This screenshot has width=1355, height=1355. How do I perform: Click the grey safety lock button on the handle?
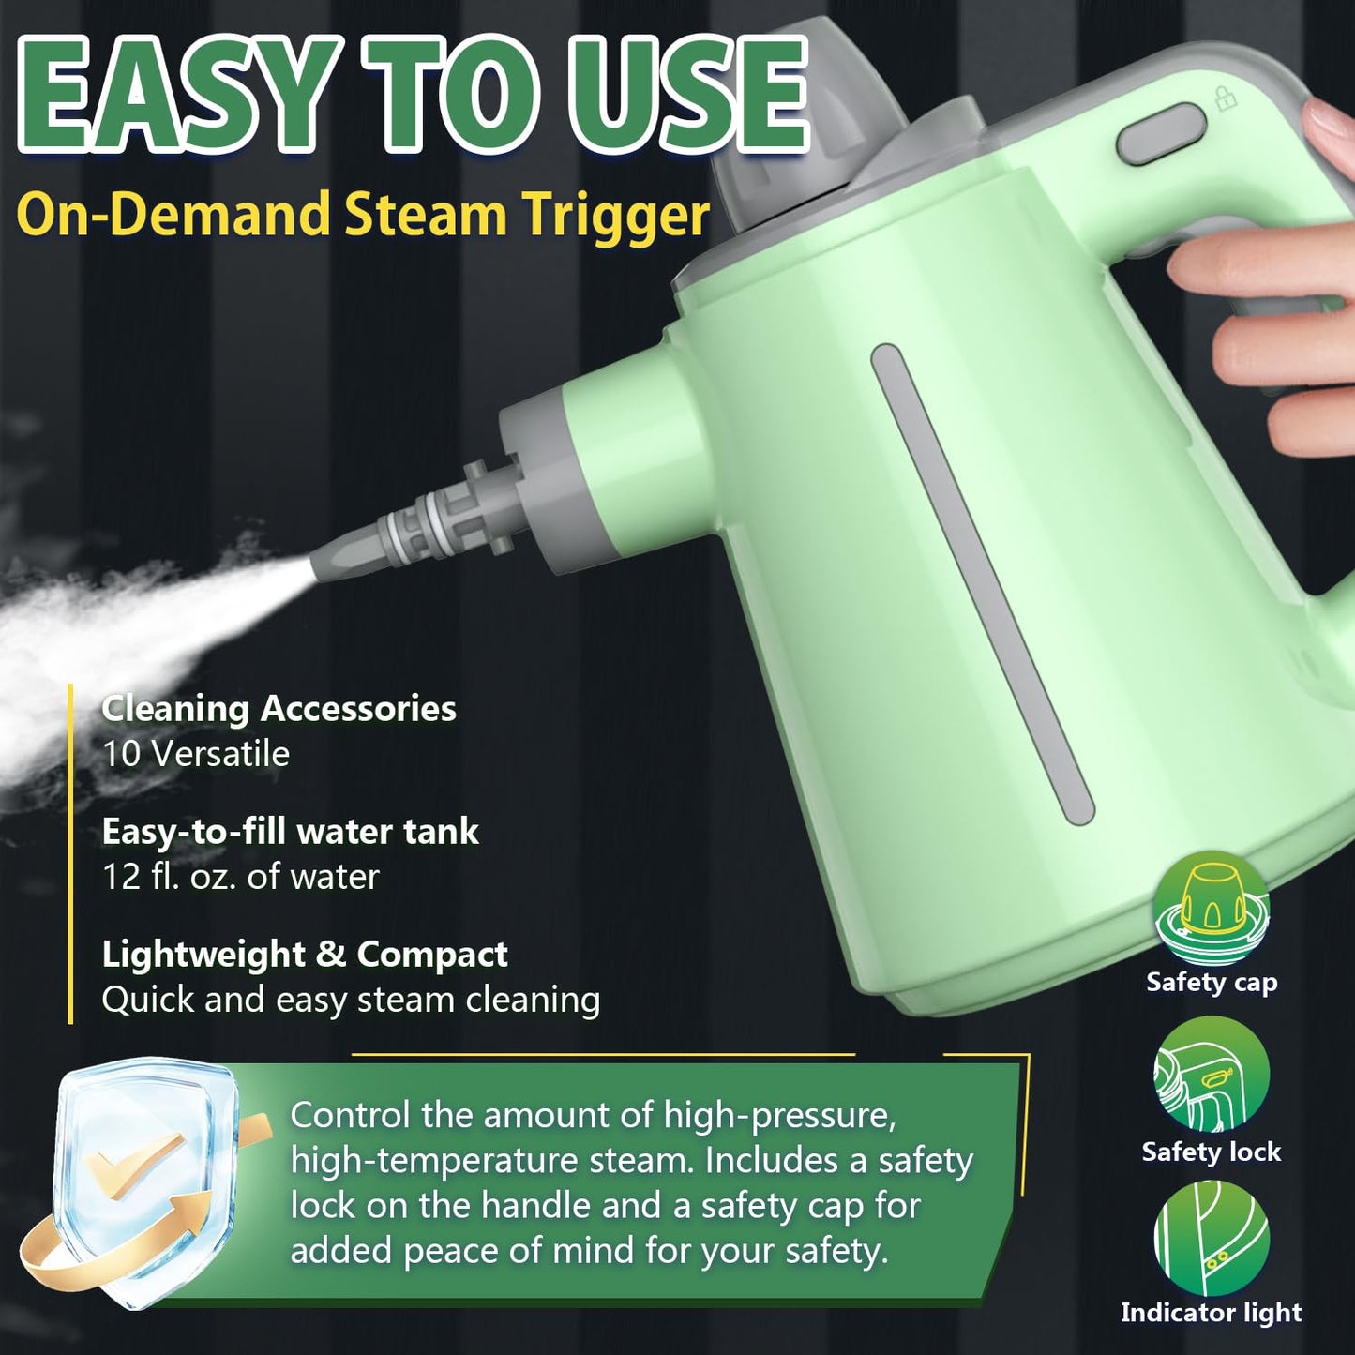(x=1161, y=135)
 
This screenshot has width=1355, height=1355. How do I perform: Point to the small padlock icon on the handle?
(x=1226, y=98)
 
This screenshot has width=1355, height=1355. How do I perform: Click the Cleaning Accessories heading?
(x=279, y=709)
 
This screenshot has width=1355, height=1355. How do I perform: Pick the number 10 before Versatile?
(x=121, y=754)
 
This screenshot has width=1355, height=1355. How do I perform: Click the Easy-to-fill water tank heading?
(x=290, y=832)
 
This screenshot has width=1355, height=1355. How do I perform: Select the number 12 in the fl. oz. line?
(x=121, y=877)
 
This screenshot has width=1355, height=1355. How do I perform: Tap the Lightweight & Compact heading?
(x=305, y=955)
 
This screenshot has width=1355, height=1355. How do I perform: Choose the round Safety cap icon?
(x=1212, y=908)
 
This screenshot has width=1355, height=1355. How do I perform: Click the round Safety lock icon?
(x=1212, y=1075)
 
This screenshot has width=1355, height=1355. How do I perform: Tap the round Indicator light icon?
(x=1212, y=1238)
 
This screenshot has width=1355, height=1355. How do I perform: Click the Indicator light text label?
(x=1212, y=1313)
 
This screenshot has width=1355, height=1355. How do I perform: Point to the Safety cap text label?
(x=1212, y=982)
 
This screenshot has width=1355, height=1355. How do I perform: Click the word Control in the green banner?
(x=350, y=1116)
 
